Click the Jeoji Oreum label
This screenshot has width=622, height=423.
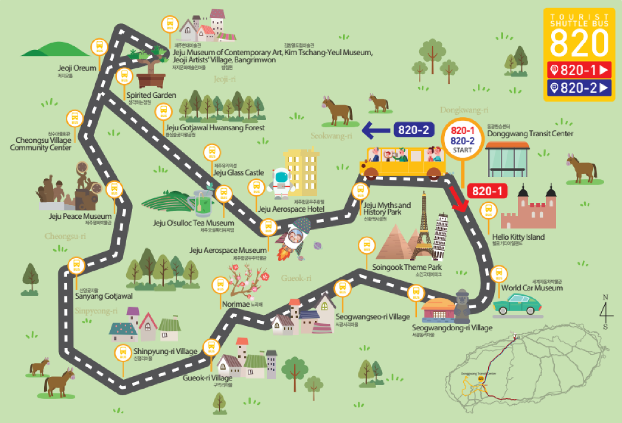[77, 68]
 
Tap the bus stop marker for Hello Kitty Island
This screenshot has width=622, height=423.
[489, 211]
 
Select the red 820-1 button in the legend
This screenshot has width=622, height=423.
[579, 70]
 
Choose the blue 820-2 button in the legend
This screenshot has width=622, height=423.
[579, 88]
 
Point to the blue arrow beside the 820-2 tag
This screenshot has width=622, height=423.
[376, 130]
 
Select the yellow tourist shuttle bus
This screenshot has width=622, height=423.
[402, 161]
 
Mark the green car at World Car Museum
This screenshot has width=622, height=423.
[517, 304]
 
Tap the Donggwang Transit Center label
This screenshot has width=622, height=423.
[530, 134]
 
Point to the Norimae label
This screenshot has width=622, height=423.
[236, 304]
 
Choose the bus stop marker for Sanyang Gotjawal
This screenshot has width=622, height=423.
[76, 266]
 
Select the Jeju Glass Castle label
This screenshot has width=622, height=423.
[238, 173]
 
